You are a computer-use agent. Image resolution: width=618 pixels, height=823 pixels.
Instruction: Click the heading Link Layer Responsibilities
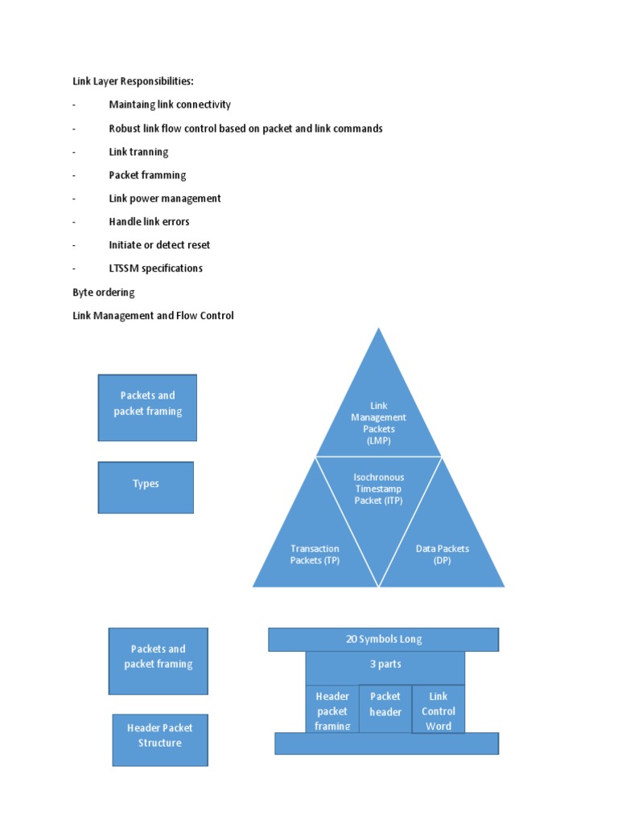click(x=133, y=81)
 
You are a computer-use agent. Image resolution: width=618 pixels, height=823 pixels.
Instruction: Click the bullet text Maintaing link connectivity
click(x=170, y=104)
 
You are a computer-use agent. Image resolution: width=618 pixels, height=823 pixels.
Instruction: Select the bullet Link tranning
click(x=138, y=152)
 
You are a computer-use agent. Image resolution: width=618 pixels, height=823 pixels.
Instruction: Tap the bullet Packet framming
click(x=147, y=175)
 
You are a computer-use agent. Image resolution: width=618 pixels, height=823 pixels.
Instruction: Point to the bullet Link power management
click(x=165, y=199)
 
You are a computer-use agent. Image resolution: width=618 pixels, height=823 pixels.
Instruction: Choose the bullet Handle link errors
click(x=149, y=222)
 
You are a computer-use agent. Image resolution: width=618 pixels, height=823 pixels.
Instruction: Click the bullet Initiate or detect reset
click(x=159, y=245)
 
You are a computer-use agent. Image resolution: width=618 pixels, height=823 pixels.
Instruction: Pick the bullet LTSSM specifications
click(x=155, y=268)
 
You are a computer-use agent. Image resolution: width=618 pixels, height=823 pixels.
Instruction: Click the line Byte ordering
click(x=104, y=293)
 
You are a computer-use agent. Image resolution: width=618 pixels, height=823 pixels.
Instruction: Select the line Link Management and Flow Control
click(x=153, y=316)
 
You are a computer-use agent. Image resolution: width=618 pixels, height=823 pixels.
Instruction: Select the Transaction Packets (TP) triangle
click(x=315, y=555)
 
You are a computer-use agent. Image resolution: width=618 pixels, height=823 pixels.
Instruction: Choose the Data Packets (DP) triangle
click(x=442, y=555)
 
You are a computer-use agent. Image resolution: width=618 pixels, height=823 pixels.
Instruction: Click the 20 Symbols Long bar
click(x=383, y=640)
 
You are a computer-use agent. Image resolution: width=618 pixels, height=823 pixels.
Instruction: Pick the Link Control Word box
click(x=438, y=710)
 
